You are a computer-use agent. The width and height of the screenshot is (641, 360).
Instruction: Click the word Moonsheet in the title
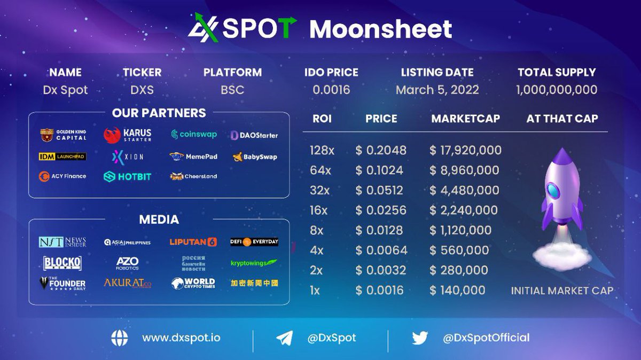click(380, 29)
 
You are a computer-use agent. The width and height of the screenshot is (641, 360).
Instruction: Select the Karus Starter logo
click(128, 135)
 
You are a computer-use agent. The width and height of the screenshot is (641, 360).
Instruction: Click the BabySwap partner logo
click(255, 157)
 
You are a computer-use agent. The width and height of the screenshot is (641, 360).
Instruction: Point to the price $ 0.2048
click(381, 151)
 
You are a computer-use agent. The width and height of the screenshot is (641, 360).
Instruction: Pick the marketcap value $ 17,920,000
click(465, 151)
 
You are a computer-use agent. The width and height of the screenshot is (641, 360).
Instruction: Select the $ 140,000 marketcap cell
click(457, 290)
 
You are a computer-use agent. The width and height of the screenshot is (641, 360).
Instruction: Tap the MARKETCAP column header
click(465, 119)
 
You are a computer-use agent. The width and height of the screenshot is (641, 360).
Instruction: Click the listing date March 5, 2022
click(437, 90)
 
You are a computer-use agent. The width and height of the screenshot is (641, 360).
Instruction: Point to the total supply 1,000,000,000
click(557, 90)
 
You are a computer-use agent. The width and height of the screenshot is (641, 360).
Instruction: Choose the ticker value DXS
click(142, 90)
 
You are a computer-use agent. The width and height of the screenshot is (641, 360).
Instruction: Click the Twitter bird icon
click(420, 338)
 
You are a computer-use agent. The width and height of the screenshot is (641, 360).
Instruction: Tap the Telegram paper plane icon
click(284, 338)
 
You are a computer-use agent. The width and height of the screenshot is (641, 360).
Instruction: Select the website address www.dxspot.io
click(181, 338)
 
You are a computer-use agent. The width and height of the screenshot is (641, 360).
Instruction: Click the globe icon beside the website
click(120, 338)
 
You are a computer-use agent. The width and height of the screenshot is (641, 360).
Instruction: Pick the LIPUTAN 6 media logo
click(193, 242)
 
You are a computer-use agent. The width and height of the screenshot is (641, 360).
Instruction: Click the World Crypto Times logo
click(193, 283)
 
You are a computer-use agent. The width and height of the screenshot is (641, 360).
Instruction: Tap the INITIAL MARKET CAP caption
click(562, 291)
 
